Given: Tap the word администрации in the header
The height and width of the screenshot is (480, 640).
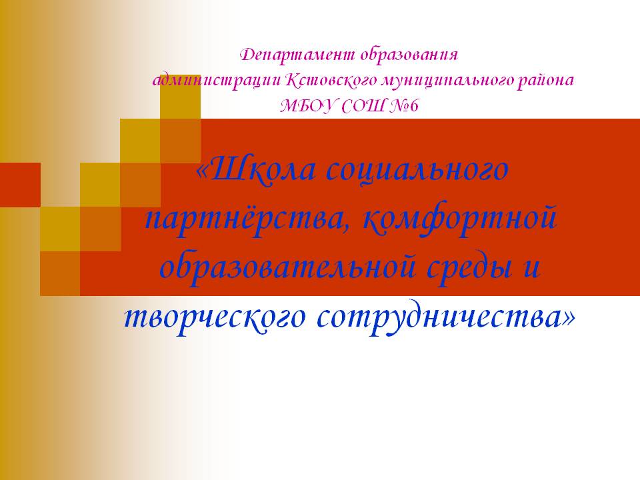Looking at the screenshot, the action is (x=217, y=81).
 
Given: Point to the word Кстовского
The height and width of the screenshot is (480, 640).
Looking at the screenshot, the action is (x=331, y=81).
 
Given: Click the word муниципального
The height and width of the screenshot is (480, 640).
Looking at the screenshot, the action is (x=447, y=81).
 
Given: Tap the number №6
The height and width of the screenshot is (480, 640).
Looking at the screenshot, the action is (x=405, y=107).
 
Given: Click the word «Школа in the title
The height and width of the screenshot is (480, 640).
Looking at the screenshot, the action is (x=256, y=169).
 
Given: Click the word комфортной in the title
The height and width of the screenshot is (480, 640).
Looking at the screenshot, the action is (x=460, y=218).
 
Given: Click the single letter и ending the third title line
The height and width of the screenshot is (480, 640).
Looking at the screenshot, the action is (x=532, y=269).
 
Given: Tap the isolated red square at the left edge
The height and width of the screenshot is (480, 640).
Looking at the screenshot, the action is (x=20, y=185).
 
